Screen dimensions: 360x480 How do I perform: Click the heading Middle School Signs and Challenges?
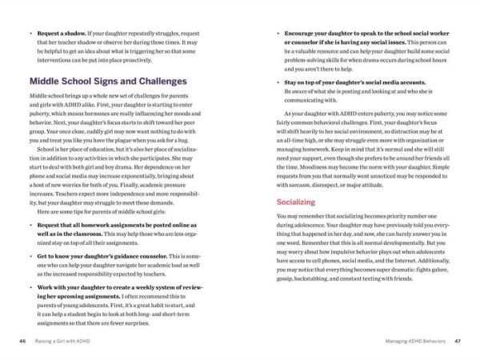point(108,81)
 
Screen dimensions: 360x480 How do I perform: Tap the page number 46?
point(22,340)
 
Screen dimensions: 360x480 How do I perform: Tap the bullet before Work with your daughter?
point(30,286)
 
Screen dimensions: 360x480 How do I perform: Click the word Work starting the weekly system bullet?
point(46,286)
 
